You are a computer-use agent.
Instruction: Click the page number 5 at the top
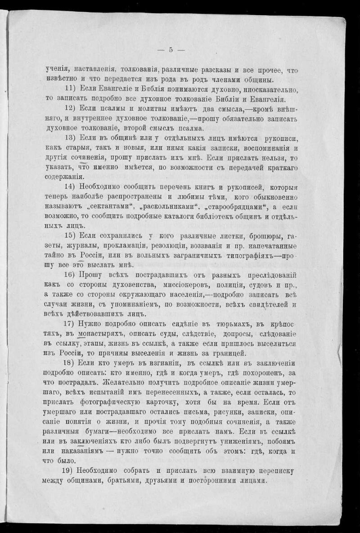(171, 50)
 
